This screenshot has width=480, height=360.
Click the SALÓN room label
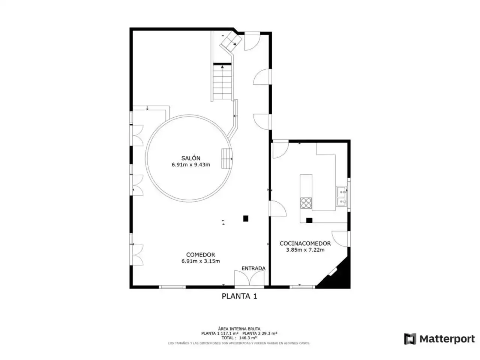tap(190, 158)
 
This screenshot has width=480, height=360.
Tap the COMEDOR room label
tap(201, 254)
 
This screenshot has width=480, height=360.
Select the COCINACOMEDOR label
tap(305, 243)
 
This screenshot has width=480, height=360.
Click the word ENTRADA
tap(253, 268)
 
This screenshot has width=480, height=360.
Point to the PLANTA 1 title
tap(240, 296)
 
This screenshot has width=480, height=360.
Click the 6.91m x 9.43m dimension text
tap(191, 165)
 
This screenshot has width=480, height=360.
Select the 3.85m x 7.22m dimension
tap(305, 250)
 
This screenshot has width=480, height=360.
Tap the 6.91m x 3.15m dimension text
tap(201, 261)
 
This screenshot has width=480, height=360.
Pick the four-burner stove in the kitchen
tap(306, 203)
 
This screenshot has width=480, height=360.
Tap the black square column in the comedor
tap(246, 218)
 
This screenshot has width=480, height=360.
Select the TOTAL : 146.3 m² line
tap(239, 338)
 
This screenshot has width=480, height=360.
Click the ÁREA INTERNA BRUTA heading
tap(239, 329)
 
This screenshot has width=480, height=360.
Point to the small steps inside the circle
tap(227, 159)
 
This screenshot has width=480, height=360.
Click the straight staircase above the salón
tap(222, 82)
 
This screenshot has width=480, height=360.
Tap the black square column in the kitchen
tap(309, 220)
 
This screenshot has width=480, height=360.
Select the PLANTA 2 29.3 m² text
tap(259, 333)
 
